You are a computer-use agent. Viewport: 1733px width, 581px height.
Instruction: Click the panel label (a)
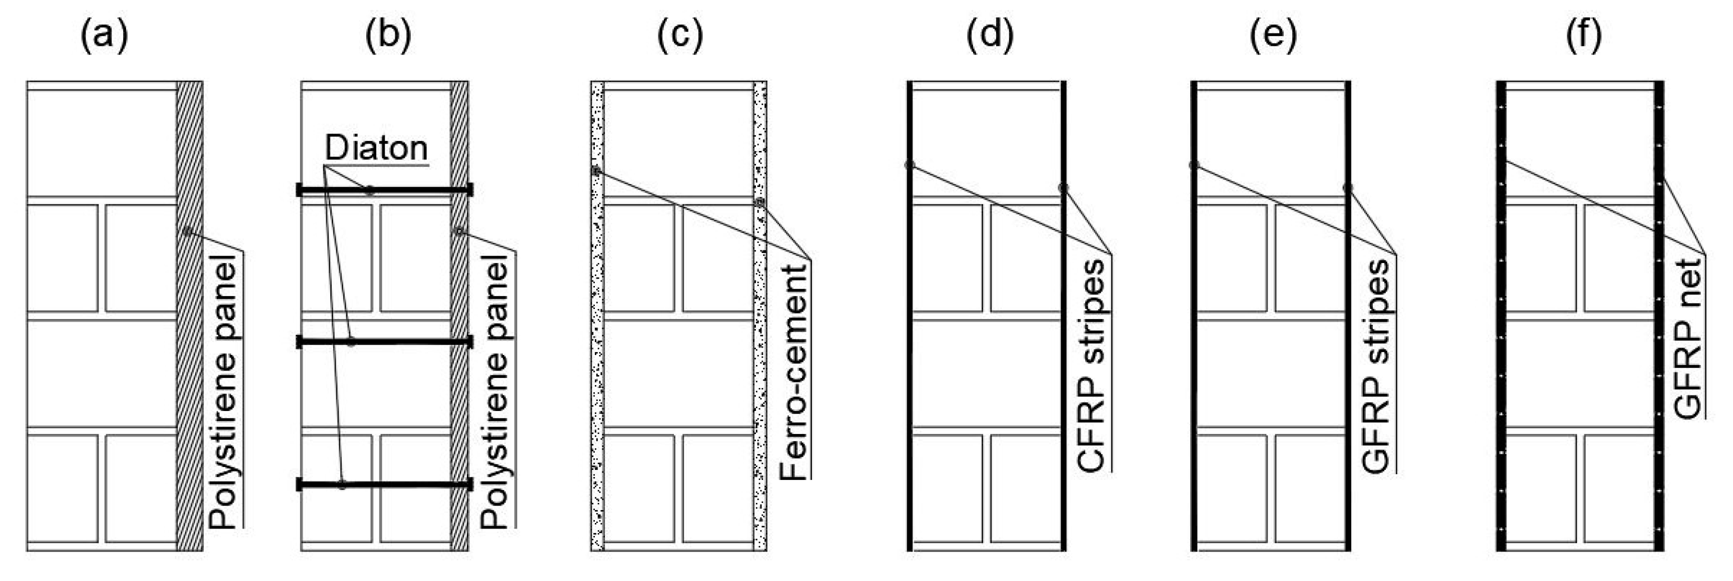click(104, 35)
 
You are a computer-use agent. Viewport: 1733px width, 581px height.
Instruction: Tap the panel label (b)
click(388, 35)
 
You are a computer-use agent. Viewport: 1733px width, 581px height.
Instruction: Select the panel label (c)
click(679, 35)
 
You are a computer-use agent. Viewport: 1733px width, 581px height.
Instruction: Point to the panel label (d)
click(989, 35)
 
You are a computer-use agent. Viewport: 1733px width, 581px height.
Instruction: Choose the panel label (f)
click(1583, 35)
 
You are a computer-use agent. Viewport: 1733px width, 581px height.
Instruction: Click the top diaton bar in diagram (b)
click(384, 190)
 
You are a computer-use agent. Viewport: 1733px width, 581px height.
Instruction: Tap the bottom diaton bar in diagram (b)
click(384, 484)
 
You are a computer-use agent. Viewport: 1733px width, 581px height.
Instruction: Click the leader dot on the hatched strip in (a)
click(187, 232)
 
